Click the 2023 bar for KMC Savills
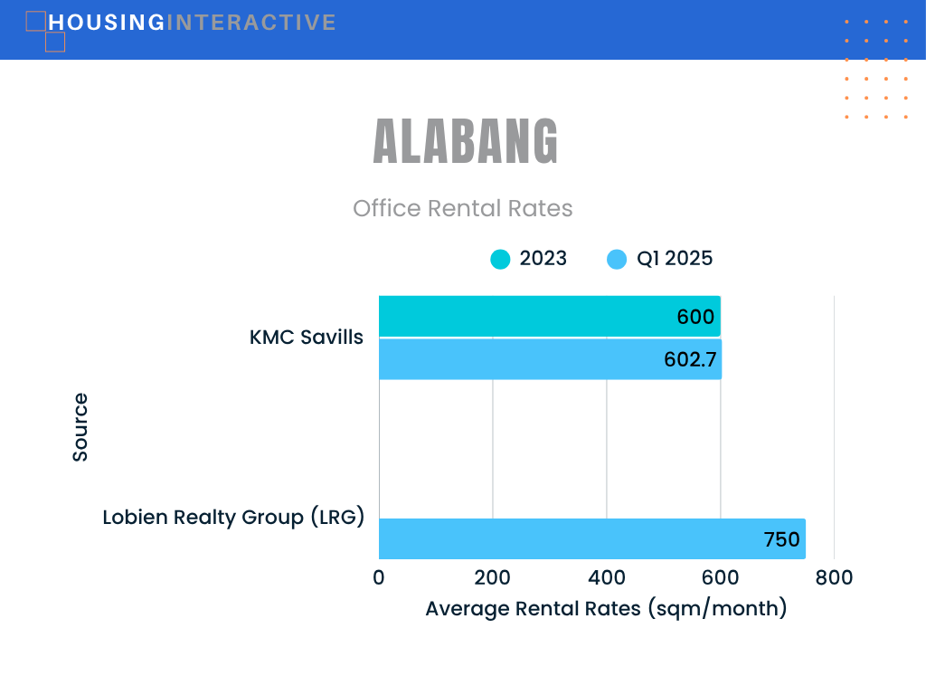[x=549, y=316]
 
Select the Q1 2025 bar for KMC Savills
[x=550, y=359]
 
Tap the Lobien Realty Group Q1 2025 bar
[x=591, y=539]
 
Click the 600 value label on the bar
[x=695, y=317]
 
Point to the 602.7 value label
[x=690, y=359]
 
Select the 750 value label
[x=781, y=539]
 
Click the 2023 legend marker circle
[x=500, y=259]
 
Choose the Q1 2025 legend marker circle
[x=617, y=259]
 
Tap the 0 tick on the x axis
[x=379, y=577]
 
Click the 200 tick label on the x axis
[x=493, y=577]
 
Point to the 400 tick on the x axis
[x=607, y=577]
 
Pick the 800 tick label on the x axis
[x=834, y=577]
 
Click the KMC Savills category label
[x=306, y=337]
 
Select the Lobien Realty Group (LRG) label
[x=233, y=517]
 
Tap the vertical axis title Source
[x=80, y=427]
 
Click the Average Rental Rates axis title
[x=606, y=608]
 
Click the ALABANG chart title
[x=466, y=141]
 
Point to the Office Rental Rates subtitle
[x=462, y=209]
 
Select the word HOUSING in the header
[x=107, y=23]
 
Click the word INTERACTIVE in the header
[x=251, y=23]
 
